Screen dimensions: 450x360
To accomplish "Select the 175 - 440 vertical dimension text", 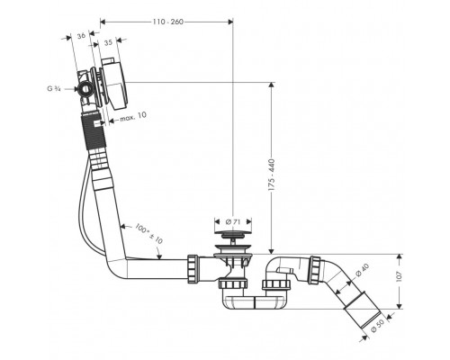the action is [272, 175].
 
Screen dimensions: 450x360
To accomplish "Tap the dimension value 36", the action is [81, 36].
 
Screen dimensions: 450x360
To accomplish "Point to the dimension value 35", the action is [108, 42].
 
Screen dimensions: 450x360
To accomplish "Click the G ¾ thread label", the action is [54, 89].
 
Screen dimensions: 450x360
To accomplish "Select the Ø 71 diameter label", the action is [232, 222].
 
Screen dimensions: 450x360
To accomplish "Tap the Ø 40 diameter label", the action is [362, 270].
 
